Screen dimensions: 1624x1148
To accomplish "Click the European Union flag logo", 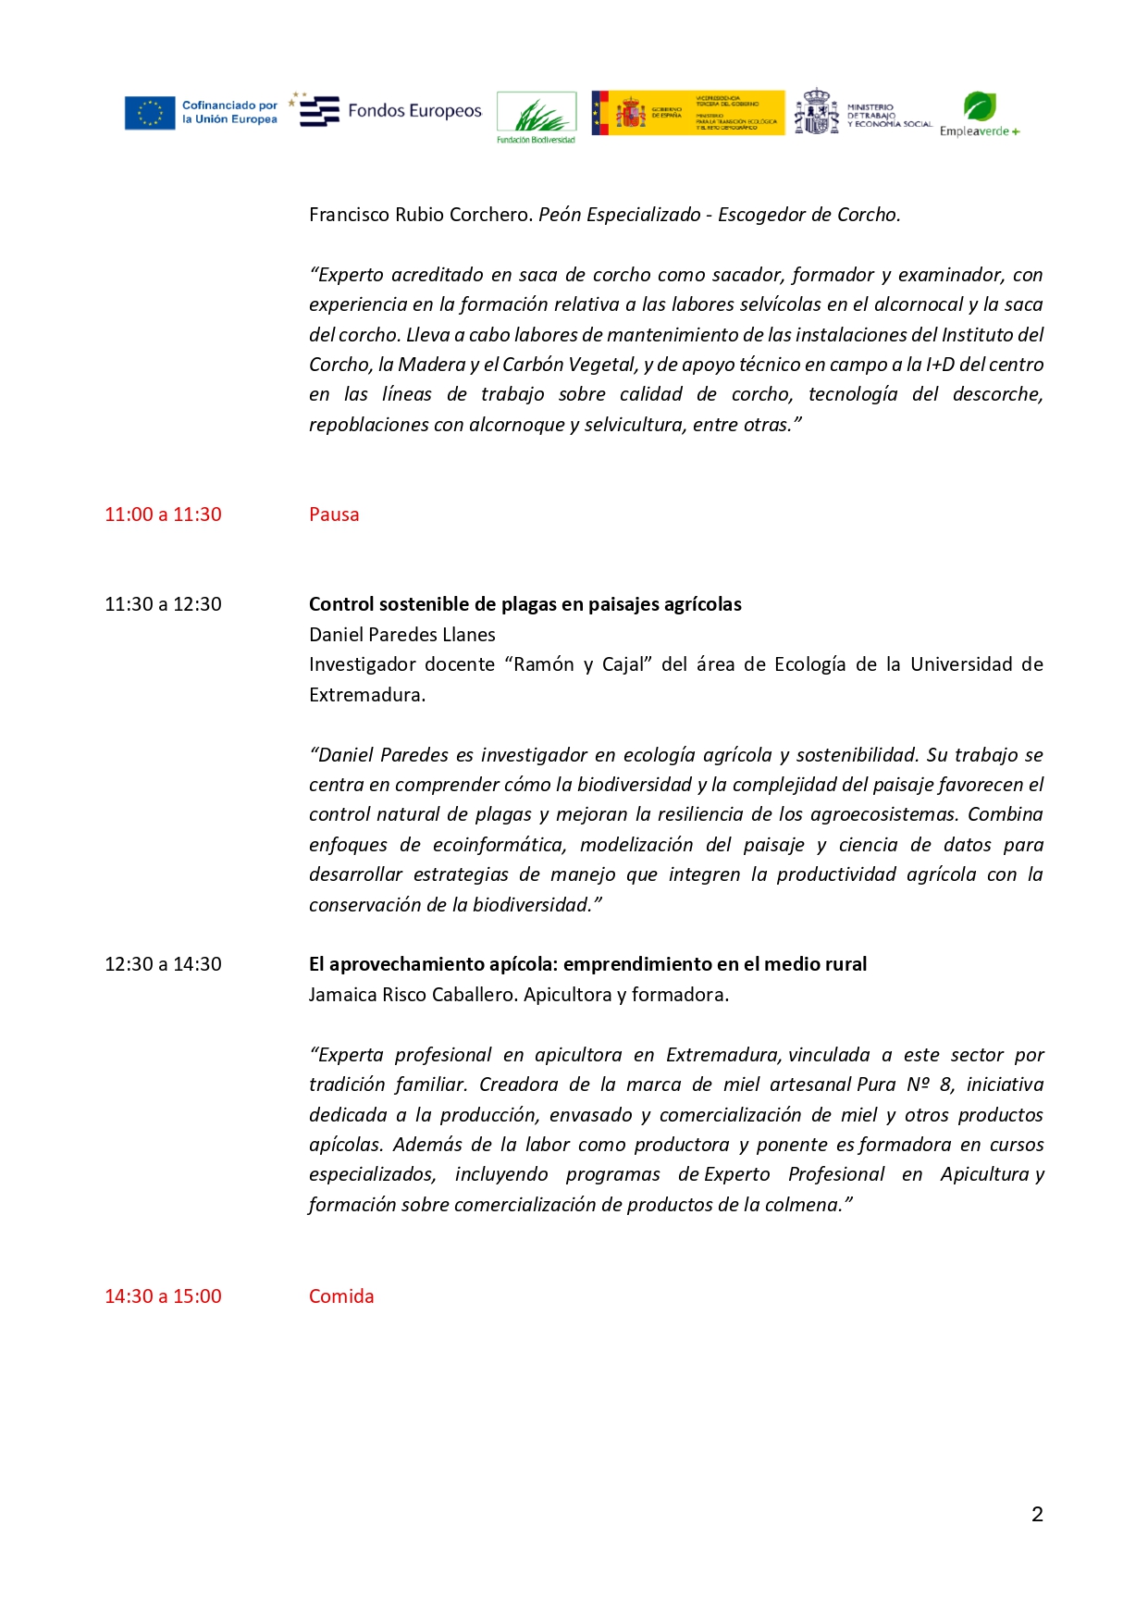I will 150,113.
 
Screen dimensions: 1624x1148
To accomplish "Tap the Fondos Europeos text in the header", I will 414,111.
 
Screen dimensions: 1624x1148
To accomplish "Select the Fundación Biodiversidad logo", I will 537,117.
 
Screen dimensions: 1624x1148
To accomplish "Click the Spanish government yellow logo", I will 688,113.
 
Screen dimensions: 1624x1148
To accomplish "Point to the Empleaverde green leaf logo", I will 979,107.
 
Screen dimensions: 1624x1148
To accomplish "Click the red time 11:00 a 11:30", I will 163,514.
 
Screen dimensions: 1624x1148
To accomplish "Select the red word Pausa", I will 334,514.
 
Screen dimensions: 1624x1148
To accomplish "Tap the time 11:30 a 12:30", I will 163,604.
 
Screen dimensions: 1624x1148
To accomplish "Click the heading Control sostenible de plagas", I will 525,604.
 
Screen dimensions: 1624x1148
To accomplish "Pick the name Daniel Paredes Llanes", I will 402,635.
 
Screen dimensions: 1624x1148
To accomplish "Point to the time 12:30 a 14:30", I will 163,964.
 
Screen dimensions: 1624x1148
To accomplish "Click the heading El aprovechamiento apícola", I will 587,964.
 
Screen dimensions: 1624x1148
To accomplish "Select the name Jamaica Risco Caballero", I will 414,995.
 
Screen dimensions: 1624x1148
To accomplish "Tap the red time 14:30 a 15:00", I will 163,1296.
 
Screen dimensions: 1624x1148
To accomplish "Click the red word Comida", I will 341,1296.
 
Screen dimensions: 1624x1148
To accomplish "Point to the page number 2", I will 1037,1514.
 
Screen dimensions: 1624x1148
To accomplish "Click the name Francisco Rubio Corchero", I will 420,215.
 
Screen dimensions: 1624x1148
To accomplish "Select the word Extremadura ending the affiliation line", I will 366,695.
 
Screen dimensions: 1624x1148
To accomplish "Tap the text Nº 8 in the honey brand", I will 930,1085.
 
